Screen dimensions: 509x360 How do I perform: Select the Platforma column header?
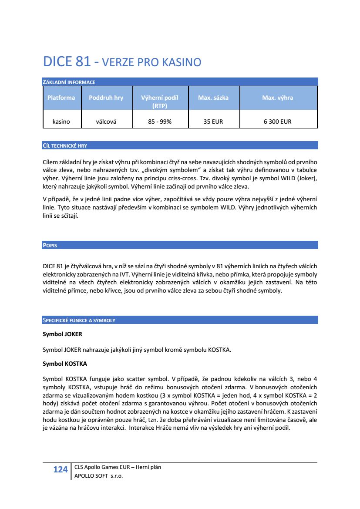click(x=61, y=98)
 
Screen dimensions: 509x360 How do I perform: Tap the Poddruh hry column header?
click(x=106, y=98)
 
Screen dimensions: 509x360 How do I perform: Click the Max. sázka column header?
click(x=213, y=98)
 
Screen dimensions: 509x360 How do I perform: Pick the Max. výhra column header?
click(x=277, y=98)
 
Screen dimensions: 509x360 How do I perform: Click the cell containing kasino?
click(x=61, y=121)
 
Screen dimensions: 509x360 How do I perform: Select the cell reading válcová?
click(x=106, y=121)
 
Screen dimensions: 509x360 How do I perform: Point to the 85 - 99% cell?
click(x=160, y=121)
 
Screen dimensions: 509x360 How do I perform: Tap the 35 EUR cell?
click(x=213, y=121)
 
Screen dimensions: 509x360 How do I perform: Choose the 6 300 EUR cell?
click(x=277, y=121)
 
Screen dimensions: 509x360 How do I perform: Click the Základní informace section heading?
click(x=69, y=82)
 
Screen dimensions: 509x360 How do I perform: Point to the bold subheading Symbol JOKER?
click(x=62, y=334)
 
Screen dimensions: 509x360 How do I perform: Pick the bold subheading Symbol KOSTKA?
click(x=64, y=363)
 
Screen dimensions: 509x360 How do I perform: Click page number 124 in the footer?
click(x=60, y=469)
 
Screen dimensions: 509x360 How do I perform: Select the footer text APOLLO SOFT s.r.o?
click(x=99, y=476)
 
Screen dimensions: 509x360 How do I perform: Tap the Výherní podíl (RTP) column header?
click(x=160, y=101)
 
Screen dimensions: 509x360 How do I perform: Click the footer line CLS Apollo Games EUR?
click(x=118, y=467)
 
